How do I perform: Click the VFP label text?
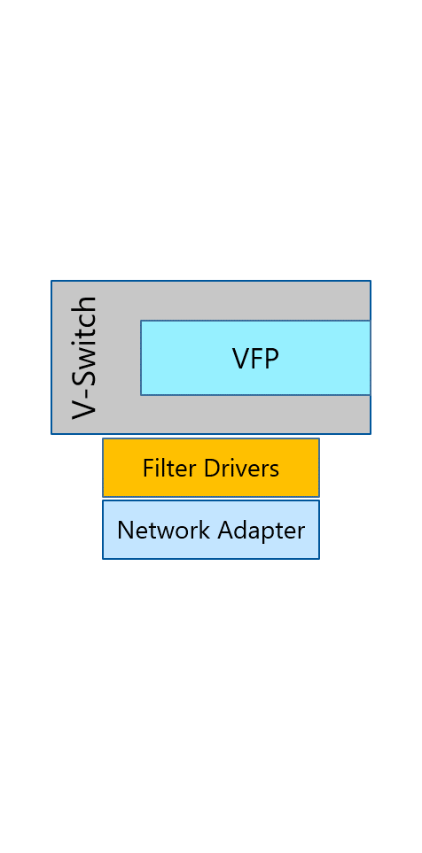point(255,359)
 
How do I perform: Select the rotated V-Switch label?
point(84,358)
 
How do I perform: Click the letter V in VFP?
point(240,359)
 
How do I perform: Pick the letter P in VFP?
point(271,359)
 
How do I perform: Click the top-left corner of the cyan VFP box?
point(141,321)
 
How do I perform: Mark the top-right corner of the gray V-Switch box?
point(371,281)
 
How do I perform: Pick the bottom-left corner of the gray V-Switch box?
point(51,434)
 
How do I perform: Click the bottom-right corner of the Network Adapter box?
point(319,559)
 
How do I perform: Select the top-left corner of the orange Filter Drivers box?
point(103,438)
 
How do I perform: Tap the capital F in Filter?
point(148,468)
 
